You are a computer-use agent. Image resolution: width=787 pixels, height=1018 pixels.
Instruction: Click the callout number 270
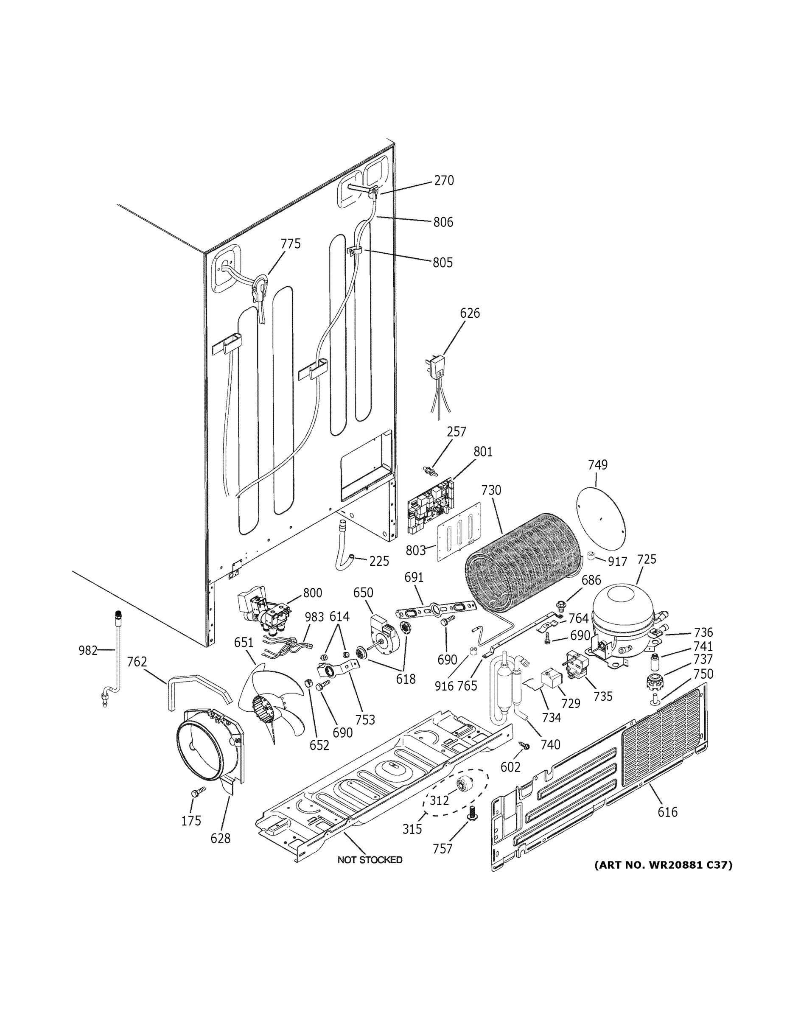(444, 180)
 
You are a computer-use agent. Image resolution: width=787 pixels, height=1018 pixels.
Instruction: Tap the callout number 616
(667, 812)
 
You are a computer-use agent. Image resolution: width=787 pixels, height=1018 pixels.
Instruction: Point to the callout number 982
(88, 650)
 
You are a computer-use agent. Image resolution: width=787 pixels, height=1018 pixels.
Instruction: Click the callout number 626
(470, 313)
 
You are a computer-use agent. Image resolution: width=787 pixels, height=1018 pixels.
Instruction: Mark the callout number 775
(291, 244)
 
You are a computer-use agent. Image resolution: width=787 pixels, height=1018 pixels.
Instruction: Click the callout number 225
(379, 561)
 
